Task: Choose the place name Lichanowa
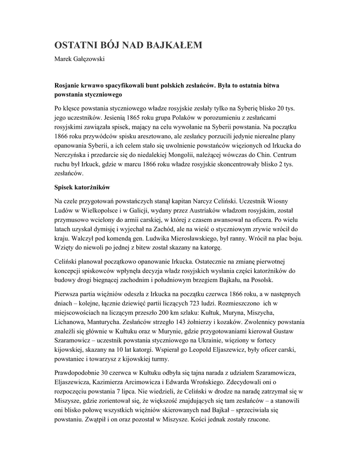pyautogui.click(x=69, y=322)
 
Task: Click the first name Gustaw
pyautogui.click(x=286, y=331)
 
